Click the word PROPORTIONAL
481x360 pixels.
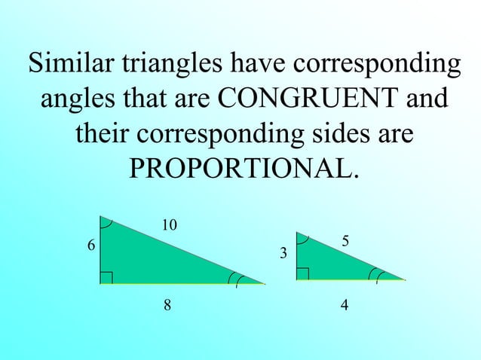pos(242,169)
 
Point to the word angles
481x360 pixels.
pos(81,99)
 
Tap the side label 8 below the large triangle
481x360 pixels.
pos(167,305)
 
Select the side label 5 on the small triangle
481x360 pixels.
pos(345,241)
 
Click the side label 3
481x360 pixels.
pos(283,255)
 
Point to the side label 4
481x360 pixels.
pos(344,305)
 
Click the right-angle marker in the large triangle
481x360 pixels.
pos(106,279)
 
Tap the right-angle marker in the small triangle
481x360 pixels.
pos(302,273)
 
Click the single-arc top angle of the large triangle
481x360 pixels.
pos(106,224)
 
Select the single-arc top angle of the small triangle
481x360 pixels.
pos(304,239)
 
